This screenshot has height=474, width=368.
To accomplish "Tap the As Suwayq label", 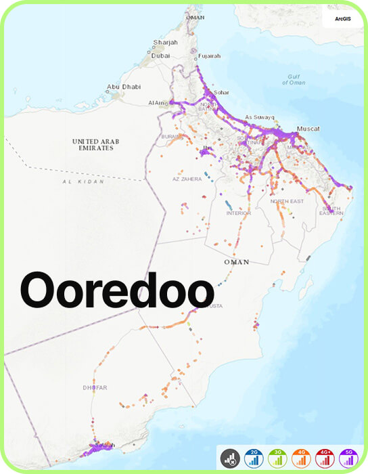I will (258, 116).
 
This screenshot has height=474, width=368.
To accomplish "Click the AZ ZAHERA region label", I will (186, 179).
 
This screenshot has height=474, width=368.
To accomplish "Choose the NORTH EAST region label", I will (287, 202).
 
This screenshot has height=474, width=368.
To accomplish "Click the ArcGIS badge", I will (342, 19).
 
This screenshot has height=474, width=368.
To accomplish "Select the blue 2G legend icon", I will (254, 458).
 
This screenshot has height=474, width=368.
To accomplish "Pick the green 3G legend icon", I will (278, 458).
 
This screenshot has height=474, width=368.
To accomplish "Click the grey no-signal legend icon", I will (230, 458).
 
